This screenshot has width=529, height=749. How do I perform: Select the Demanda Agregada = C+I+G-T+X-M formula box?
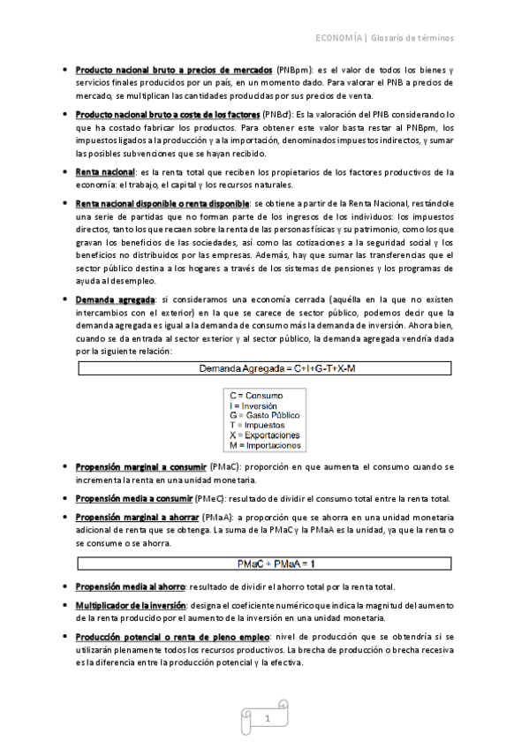pyautogui.click(x=264, y=367)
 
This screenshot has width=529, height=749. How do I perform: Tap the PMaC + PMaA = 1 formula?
pyautogui.click(x=264, y=563)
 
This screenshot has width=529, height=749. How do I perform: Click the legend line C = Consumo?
pyautogui.click(x=256, y=395)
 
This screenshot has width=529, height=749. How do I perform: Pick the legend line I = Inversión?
pyautogui.click(x=253, y=405)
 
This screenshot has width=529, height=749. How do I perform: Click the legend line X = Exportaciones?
pyautogui.click(x=264, y=435)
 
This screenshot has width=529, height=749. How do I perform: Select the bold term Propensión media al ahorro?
pyautogui.click(x=130, y=586)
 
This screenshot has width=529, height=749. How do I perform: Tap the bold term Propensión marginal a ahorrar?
pyautogui.click(x=135, y=516)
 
